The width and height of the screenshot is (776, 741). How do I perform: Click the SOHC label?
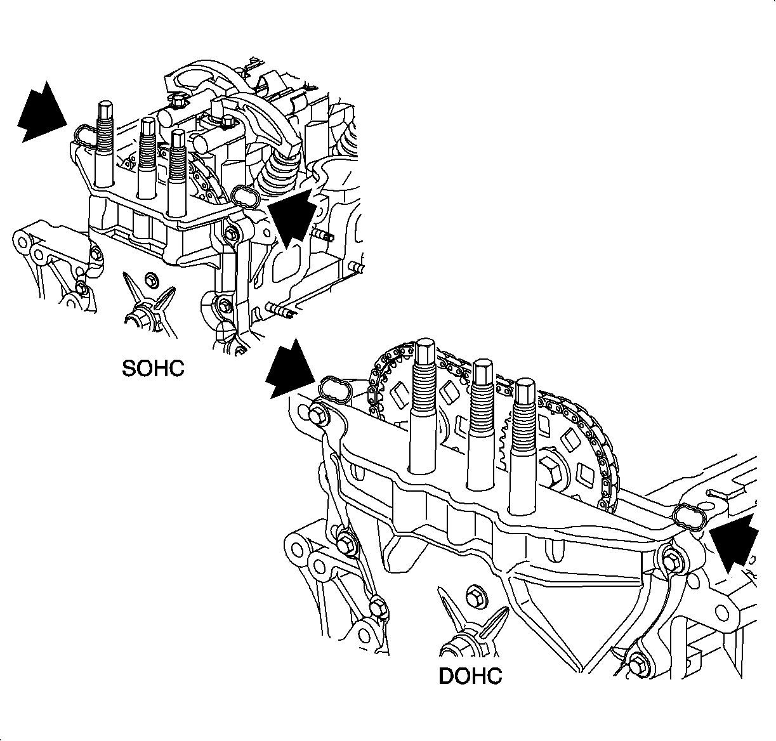pyautogui.click(x=154, y=368)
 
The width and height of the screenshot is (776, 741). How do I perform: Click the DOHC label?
pyautogui.click(x=470, y=676)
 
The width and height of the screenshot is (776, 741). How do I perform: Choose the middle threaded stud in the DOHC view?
pyautogui.click(x=483, y=422)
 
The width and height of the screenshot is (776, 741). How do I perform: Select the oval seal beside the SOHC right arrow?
pyautogui.click(x=245, y=197)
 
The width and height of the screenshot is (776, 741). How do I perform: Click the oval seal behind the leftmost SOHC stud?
pyautogui.click(x=84, y=135)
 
